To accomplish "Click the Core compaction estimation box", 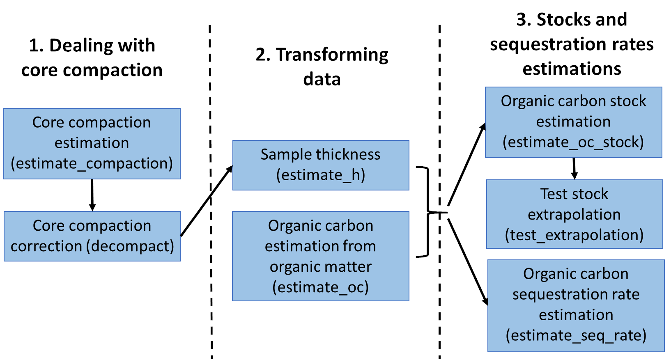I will (x=92, y=143).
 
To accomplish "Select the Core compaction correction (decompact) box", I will (x=92, y=236).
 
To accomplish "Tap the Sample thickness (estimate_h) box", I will (x=320, y=165).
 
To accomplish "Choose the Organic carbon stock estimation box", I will (x=573, y=122).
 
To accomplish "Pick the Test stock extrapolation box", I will (x=574, y=214).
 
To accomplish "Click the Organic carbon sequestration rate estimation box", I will (x=576, y=305).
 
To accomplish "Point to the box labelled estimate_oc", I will (x=320, y=256).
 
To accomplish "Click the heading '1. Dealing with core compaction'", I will (x=92, y=57).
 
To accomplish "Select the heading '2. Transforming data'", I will (x=322, y=66).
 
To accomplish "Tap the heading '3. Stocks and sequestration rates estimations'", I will (x=572, y=44).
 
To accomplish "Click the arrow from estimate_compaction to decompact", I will (x=92, y=195).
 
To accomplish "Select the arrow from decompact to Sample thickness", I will (x=207, y=201).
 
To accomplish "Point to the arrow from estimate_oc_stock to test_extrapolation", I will (x=574, y=168).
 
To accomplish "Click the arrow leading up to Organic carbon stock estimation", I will (x=466, y=164).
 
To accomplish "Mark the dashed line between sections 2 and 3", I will (x=439, y=103).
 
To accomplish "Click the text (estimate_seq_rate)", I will (x=576, y=335).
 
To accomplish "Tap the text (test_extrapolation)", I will (x=574, y=235).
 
